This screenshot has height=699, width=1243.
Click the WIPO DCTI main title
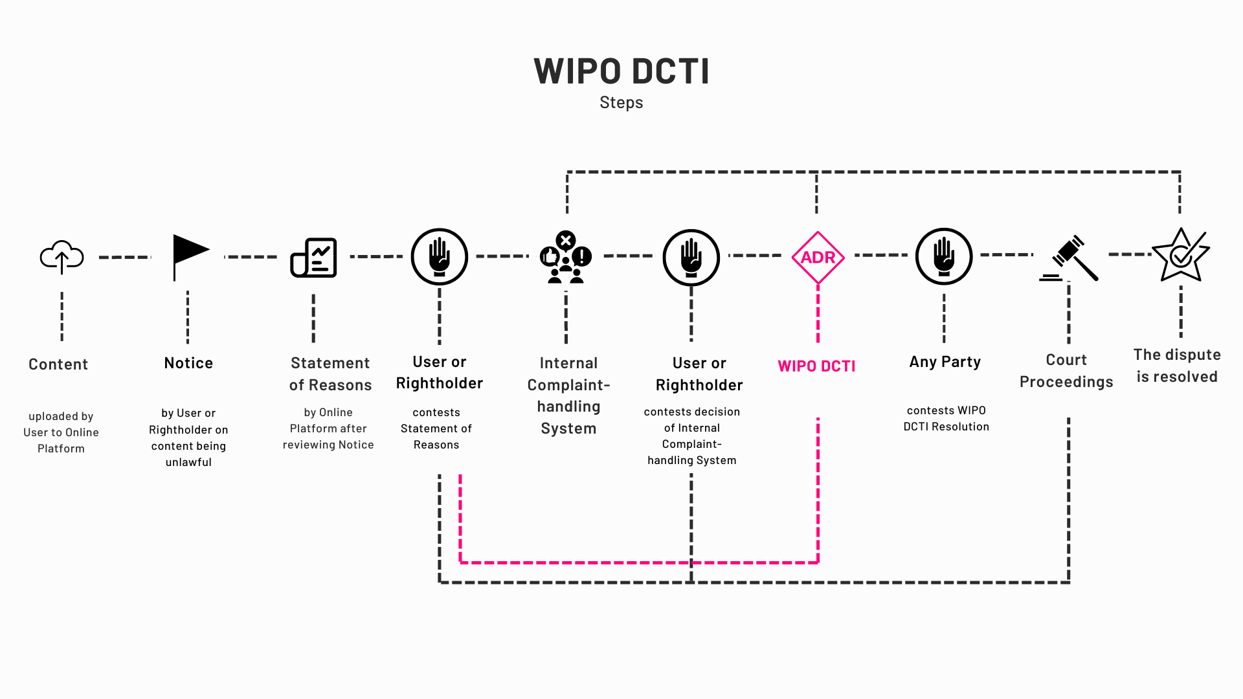[x=621, y=71]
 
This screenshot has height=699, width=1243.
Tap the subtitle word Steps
[x=621, y=102]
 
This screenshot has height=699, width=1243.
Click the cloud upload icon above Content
[x=62, y=257]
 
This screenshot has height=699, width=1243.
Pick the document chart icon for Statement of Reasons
[x=313, y=258]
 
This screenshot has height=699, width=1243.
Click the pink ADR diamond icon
[x=818, y=258]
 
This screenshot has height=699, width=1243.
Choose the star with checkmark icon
[x=1181, y=256]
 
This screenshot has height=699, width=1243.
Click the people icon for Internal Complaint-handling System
[x=566, y=258]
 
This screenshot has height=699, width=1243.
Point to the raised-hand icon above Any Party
[x=943, y=256]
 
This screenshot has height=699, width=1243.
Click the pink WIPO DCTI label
[x=816, y=366]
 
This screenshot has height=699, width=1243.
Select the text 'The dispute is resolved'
[x=1177, y=366]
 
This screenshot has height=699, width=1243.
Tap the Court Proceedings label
[x=1066, y=371]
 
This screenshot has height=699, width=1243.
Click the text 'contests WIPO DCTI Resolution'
[x=946, y=418]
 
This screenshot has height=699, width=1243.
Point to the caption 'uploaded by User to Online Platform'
[x=61, y=432]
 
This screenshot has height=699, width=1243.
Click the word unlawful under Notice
[x=188, y=462]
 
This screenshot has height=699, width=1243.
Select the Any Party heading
[x=945, y=362]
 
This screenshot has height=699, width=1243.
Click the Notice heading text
[x=188, y=363]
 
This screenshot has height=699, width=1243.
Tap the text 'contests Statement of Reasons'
[x=436, y=428]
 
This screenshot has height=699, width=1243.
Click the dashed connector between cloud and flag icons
[x=124, y=257]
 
